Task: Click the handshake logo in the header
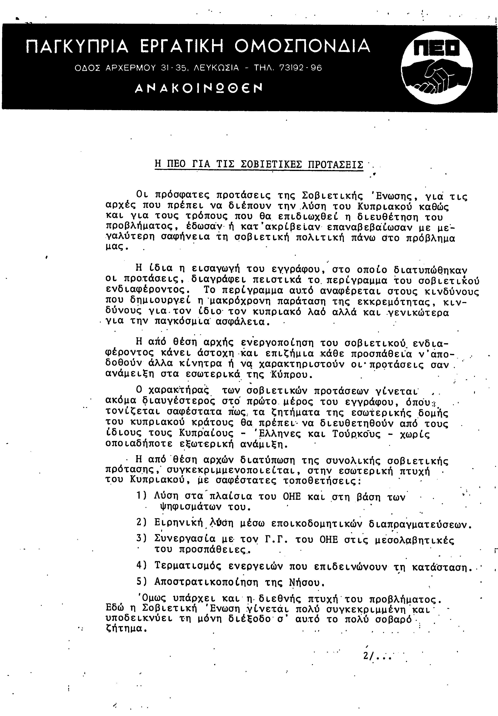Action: pyautogui.click(x=437, y=69)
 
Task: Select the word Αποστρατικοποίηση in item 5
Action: pyautogui.click(x=206, y=582)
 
